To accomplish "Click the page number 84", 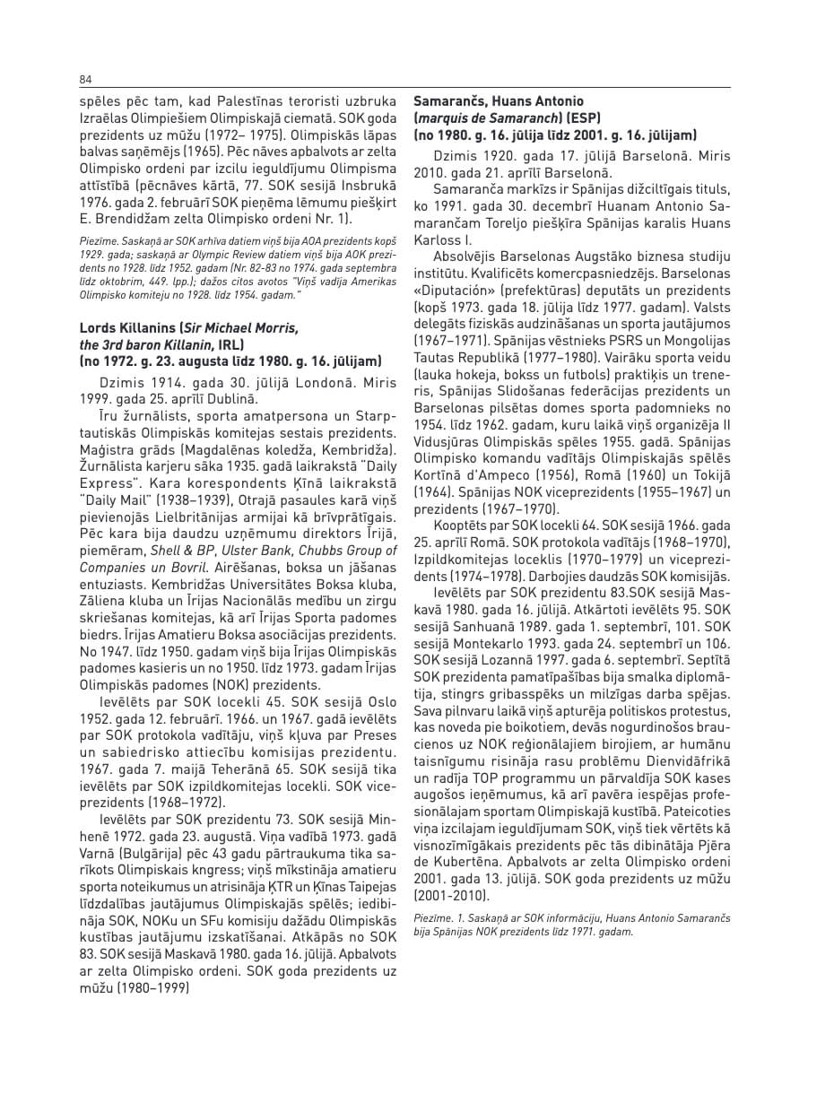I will coord(85,79).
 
